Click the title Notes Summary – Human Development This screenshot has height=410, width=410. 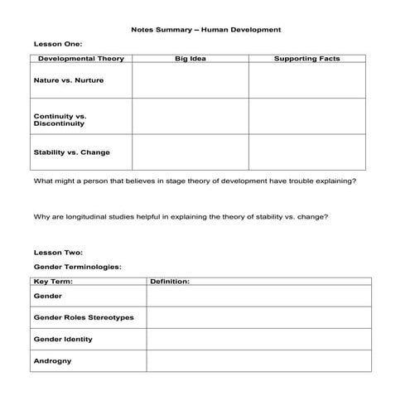[205, 29]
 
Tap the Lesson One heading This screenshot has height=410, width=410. [57, 45]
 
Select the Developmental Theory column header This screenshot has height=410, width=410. [80, 59]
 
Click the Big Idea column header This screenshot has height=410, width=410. [190, 59]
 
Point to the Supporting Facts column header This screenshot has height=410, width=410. [306, 59]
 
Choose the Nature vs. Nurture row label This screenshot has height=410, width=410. [69, 81]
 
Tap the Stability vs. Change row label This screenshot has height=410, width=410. [71, 152]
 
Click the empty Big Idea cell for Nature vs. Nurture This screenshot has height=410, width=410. [190, 81]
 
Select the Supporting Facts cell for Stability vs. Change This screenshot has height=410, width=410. [306, 152]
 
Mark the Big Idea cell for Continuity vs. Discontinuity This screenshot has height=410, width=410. [190, 117]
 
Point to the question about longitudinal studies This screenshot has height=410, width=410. [181, 217]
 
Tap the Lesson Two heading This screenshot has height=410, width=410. [57, 252]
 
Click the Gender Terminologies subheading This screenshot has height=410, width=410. [77, 267]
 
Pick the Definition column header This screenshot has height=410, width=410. [170, 282]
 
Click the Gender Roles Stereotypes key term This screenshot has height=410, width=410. [83, 317]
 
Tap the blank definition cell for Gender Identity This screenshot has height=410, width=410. [258, 339]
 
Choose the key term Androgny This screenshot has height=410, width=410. [52, 361]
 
